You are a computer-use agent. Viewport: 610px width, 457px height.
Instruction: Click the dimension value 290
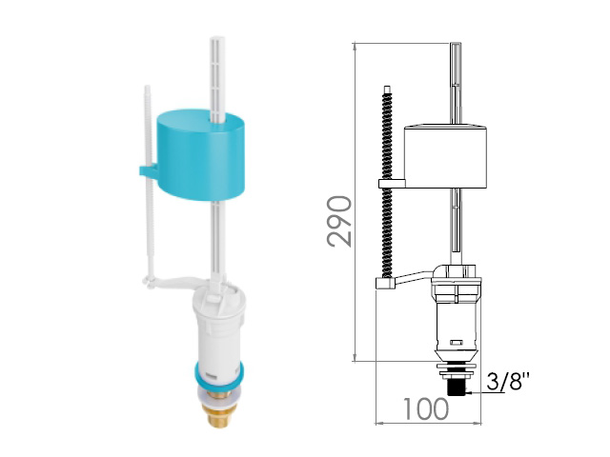339,221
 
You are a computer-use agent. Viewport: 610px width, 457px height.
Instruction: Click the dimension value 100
425,409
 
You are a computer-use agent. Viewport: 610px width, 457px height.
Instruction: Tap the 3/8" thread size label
508,381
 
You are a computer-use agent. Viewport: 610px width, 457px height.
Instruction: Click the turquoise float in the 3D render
201,154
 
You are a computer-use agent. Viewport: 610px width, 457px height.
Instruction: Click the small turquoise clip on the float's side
148,171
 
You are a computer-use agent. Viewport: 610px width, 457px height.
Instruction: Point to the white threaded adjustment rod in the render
149,183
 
